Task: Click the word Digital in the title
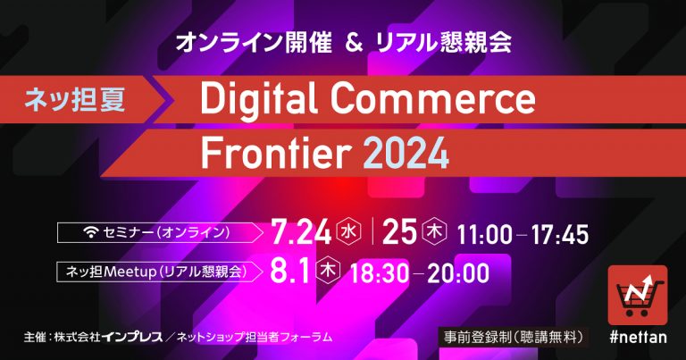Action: pos(259,101)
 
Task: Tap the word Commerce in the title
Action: pos(432,99)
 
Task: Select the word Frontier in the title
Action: pos(276,153)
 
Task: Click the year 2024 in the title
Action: pos(406,153)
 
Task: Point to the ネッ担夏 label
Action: pos(75,99)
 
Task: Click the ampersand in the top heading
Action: pos(354,43)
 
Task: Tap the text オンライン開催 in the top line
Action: pos(254,43)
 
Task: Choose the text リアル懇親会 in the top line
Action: pos(443,43)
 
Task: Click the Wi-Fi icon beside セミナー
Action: pos(91,232)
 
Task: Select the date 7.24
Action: pos(301,232)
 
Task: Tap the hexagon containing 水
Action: pos(348,231)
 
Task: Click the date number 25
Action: pos(399,232)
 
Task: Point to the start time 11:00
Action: pos(484,235)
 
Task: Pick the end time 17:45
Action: pos(560,235)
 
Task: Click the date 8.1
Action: pos(289,272)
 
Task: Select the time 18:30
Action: pos(380,274)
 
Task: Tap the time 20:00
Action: pos(458,274)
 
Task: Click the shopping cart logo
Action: pos(638,296)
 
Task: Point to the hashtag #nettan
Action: pos(638,338)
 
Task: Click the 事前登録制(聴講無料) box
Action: pos(514,338)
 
